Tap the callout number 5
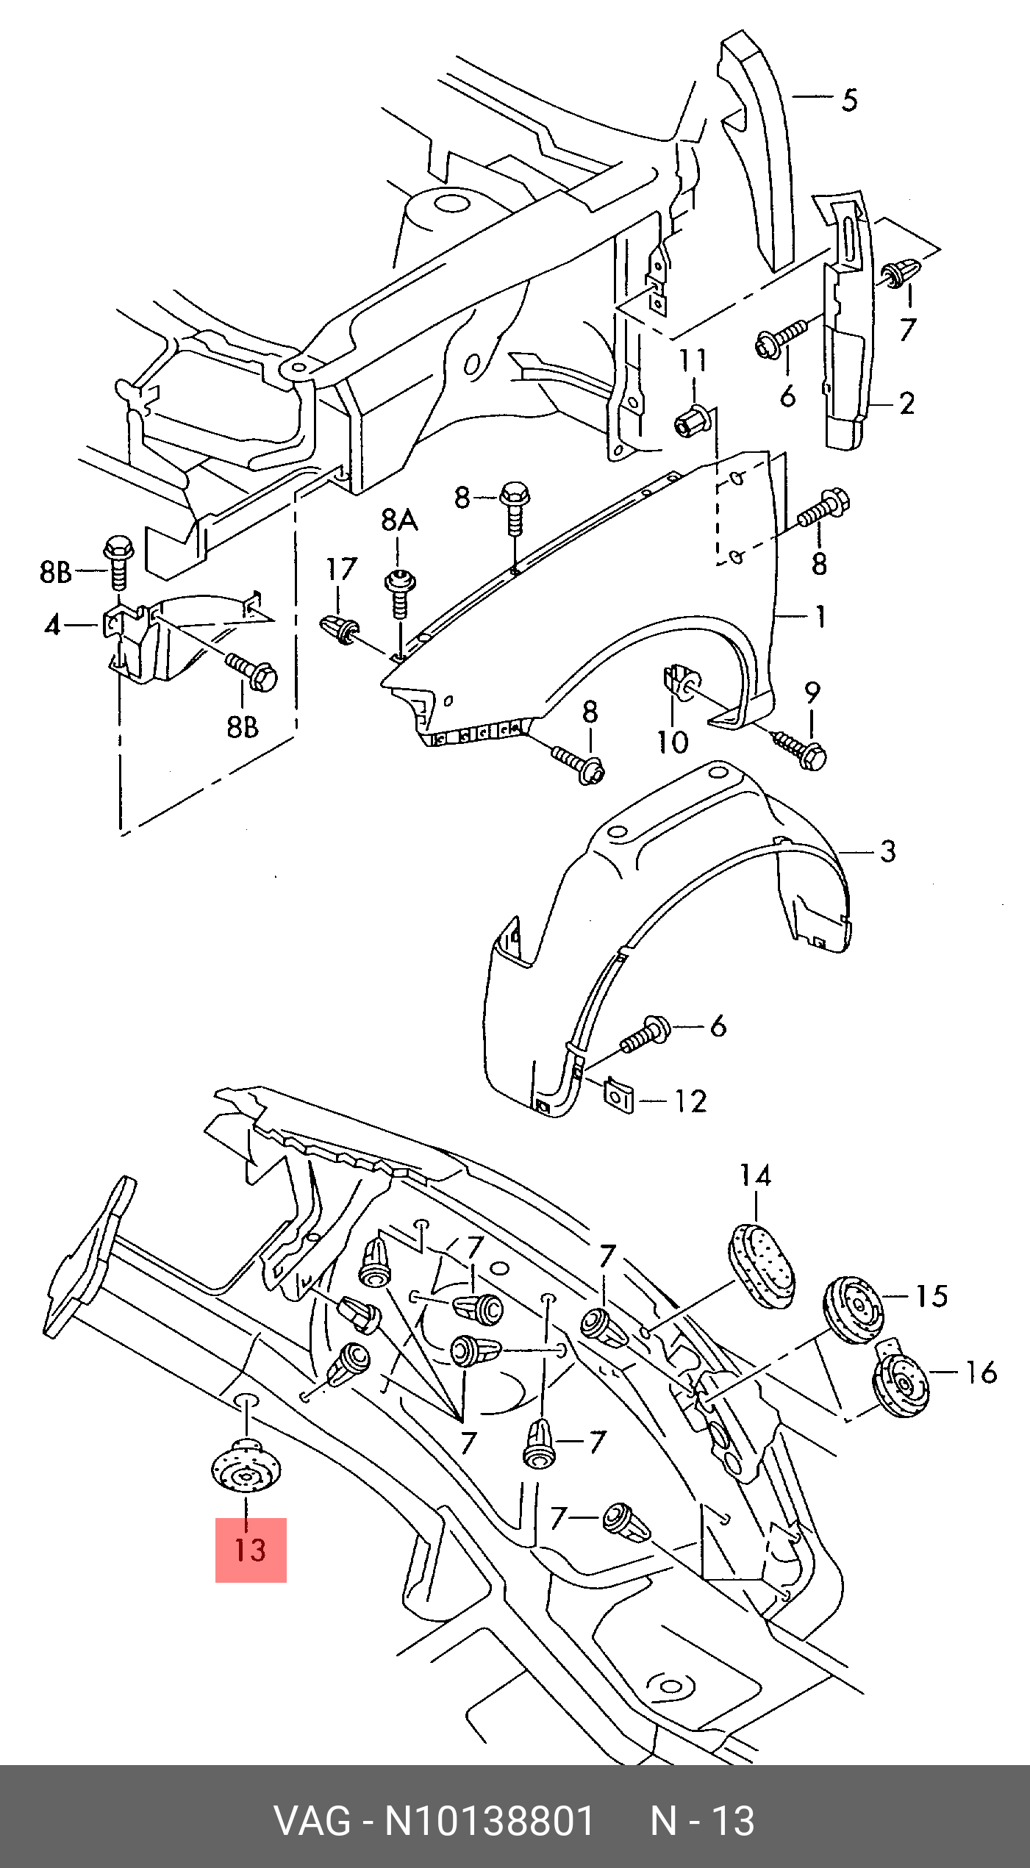pos(850,99)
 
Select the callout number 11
pos(693,360)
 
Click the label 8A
pos(399,520)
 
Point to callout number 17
pos(342,569)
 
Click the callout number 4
pos(52,625)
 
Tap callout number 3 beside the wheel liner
pos(888,851)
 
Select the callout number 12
pos(691,1101)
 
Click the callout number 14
pos(755,1175)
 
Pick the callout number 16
pos(981,1372)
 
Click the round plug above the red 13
pos(246,1467)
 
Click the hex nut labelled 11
pos(693,420)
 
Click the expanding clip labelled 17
pos(340,629)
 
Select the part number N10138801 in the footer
pos(490,1820)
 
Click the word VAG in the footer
pos(312,1820)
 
